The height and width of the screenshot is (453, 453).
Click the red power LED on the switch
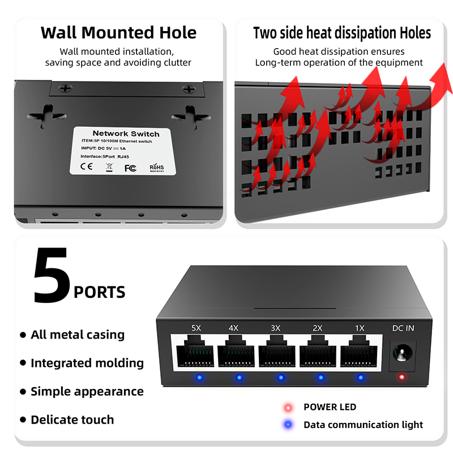pyautogui.click(x=401, y=377)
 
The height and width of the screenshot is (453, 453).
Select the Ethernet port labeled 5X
pyautogui.click(x=195, y=351)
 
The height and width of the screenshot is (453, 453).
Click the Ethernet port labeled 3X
pyautogui.click(x=277, y=351)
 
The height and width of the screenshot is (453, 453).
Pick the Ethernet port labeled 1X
pyautogui.click(x=359, y=351)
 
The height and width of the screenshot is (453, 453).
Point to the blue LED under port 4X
pyautogui.click(x=239, y=378)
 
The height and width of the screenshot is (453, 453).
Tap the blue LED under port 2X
pyautogui.click(x=320, y=378)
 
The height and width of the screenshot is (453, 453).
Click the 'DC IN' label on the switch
pyautogui.click(x=403, y=328)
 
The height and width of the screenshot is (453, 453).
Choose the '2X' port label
pyautogui.click(x=318, y=328)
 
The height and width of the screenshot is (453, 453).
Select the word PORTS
pyautogui.click(x=100, y=292)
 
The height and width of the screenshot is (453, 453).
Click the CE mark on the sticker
pyautogui.click(x=87, y=166)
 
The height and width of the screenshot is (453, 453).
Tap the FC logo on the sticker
pyautogui.click(x=130, y=168)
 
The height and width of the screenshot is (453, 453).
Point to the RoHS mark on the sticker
pyautogui.click(x=157, y=167)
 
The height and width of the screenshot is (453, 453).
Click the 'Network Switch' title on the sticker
pyautogui.click(x=126, y=134)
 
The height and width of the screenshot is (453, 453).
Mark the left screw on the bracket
pyautogui.click(x=65, y=88)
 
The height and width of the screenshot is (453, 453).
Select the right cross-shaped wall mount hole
pyautogui.click(x=191, y=117)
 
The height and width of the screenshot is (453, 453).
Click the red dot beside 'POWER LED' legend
pyautogui.click(x=288, y=407)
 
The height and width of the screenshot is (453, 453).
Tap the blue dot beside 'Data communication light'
pyautogui.click(x=288, y=424)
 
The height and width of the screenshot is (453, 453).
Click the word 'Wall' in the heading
pyautogui.click(x=59, y=32)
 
